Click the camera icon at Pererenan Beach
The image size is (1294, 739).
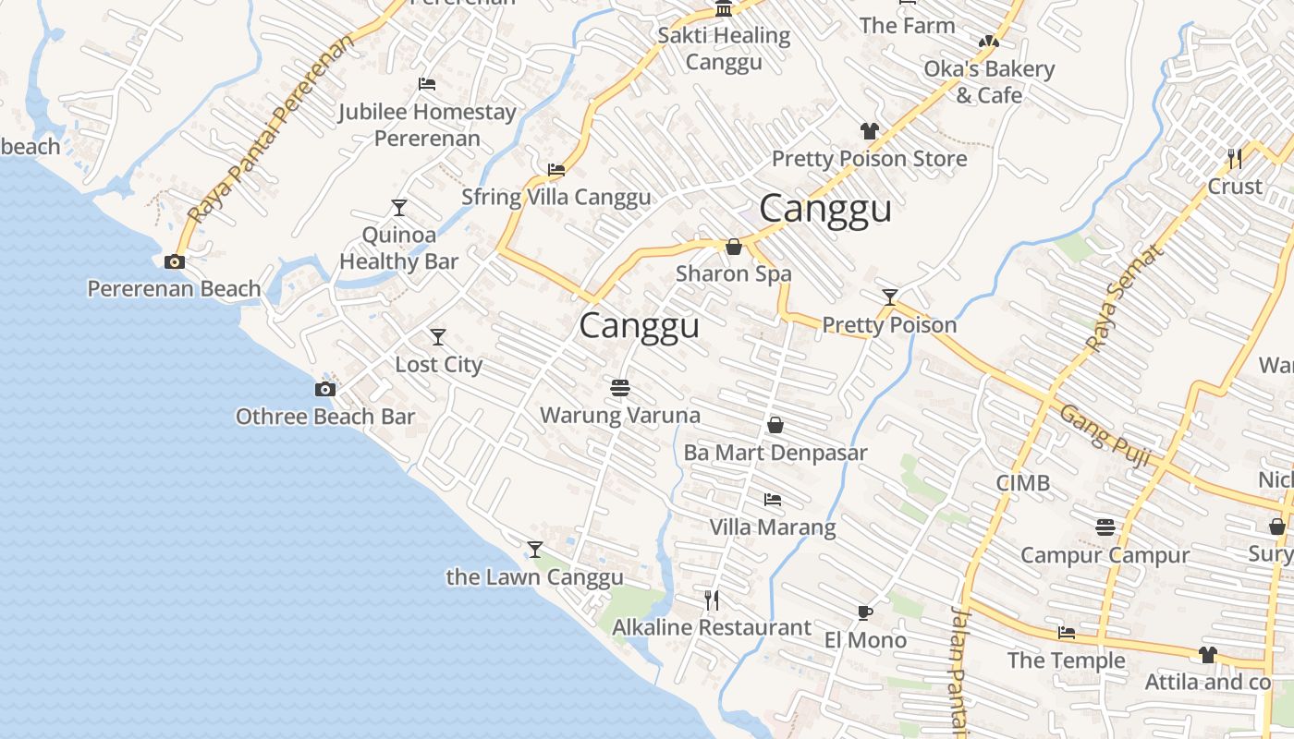point(174,262)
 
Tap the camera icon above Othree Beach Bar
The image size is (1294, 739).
point(324,389)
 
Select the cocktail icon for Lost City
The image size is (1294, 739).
point(438,337)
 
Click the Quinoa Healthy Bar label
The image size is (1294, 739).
point(398,248)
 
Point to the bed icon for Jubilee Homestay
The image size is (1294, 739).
point(426,84)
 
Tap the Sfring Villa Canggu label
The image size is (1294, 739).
point(555,197)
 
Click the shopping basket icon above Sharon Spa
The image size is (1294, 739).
point(733,247)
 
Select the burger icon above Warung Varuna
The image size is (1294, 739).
point(619,387)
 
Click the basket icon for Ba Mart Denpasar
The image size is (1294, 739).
point(775,425)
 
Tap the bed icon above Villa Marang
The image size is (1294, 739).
point(773,500)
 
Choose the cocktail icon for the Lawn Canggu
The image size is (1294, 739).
point(534,550)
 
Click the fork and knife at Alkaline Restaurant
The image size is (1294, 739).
point(711,600)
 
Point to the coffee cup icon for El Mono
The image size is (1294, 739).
point(864,612)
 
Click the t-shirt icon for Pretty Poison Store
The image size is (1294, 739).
point(869,131)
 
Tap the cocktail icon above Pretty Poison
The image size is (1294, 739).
point(889,297)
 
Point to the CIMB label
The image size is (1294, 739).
point(1022,482)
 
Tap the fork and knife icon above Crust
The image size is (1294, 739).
point(1234,158)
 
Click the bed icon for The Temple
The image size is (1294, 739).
point(1066,634)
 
